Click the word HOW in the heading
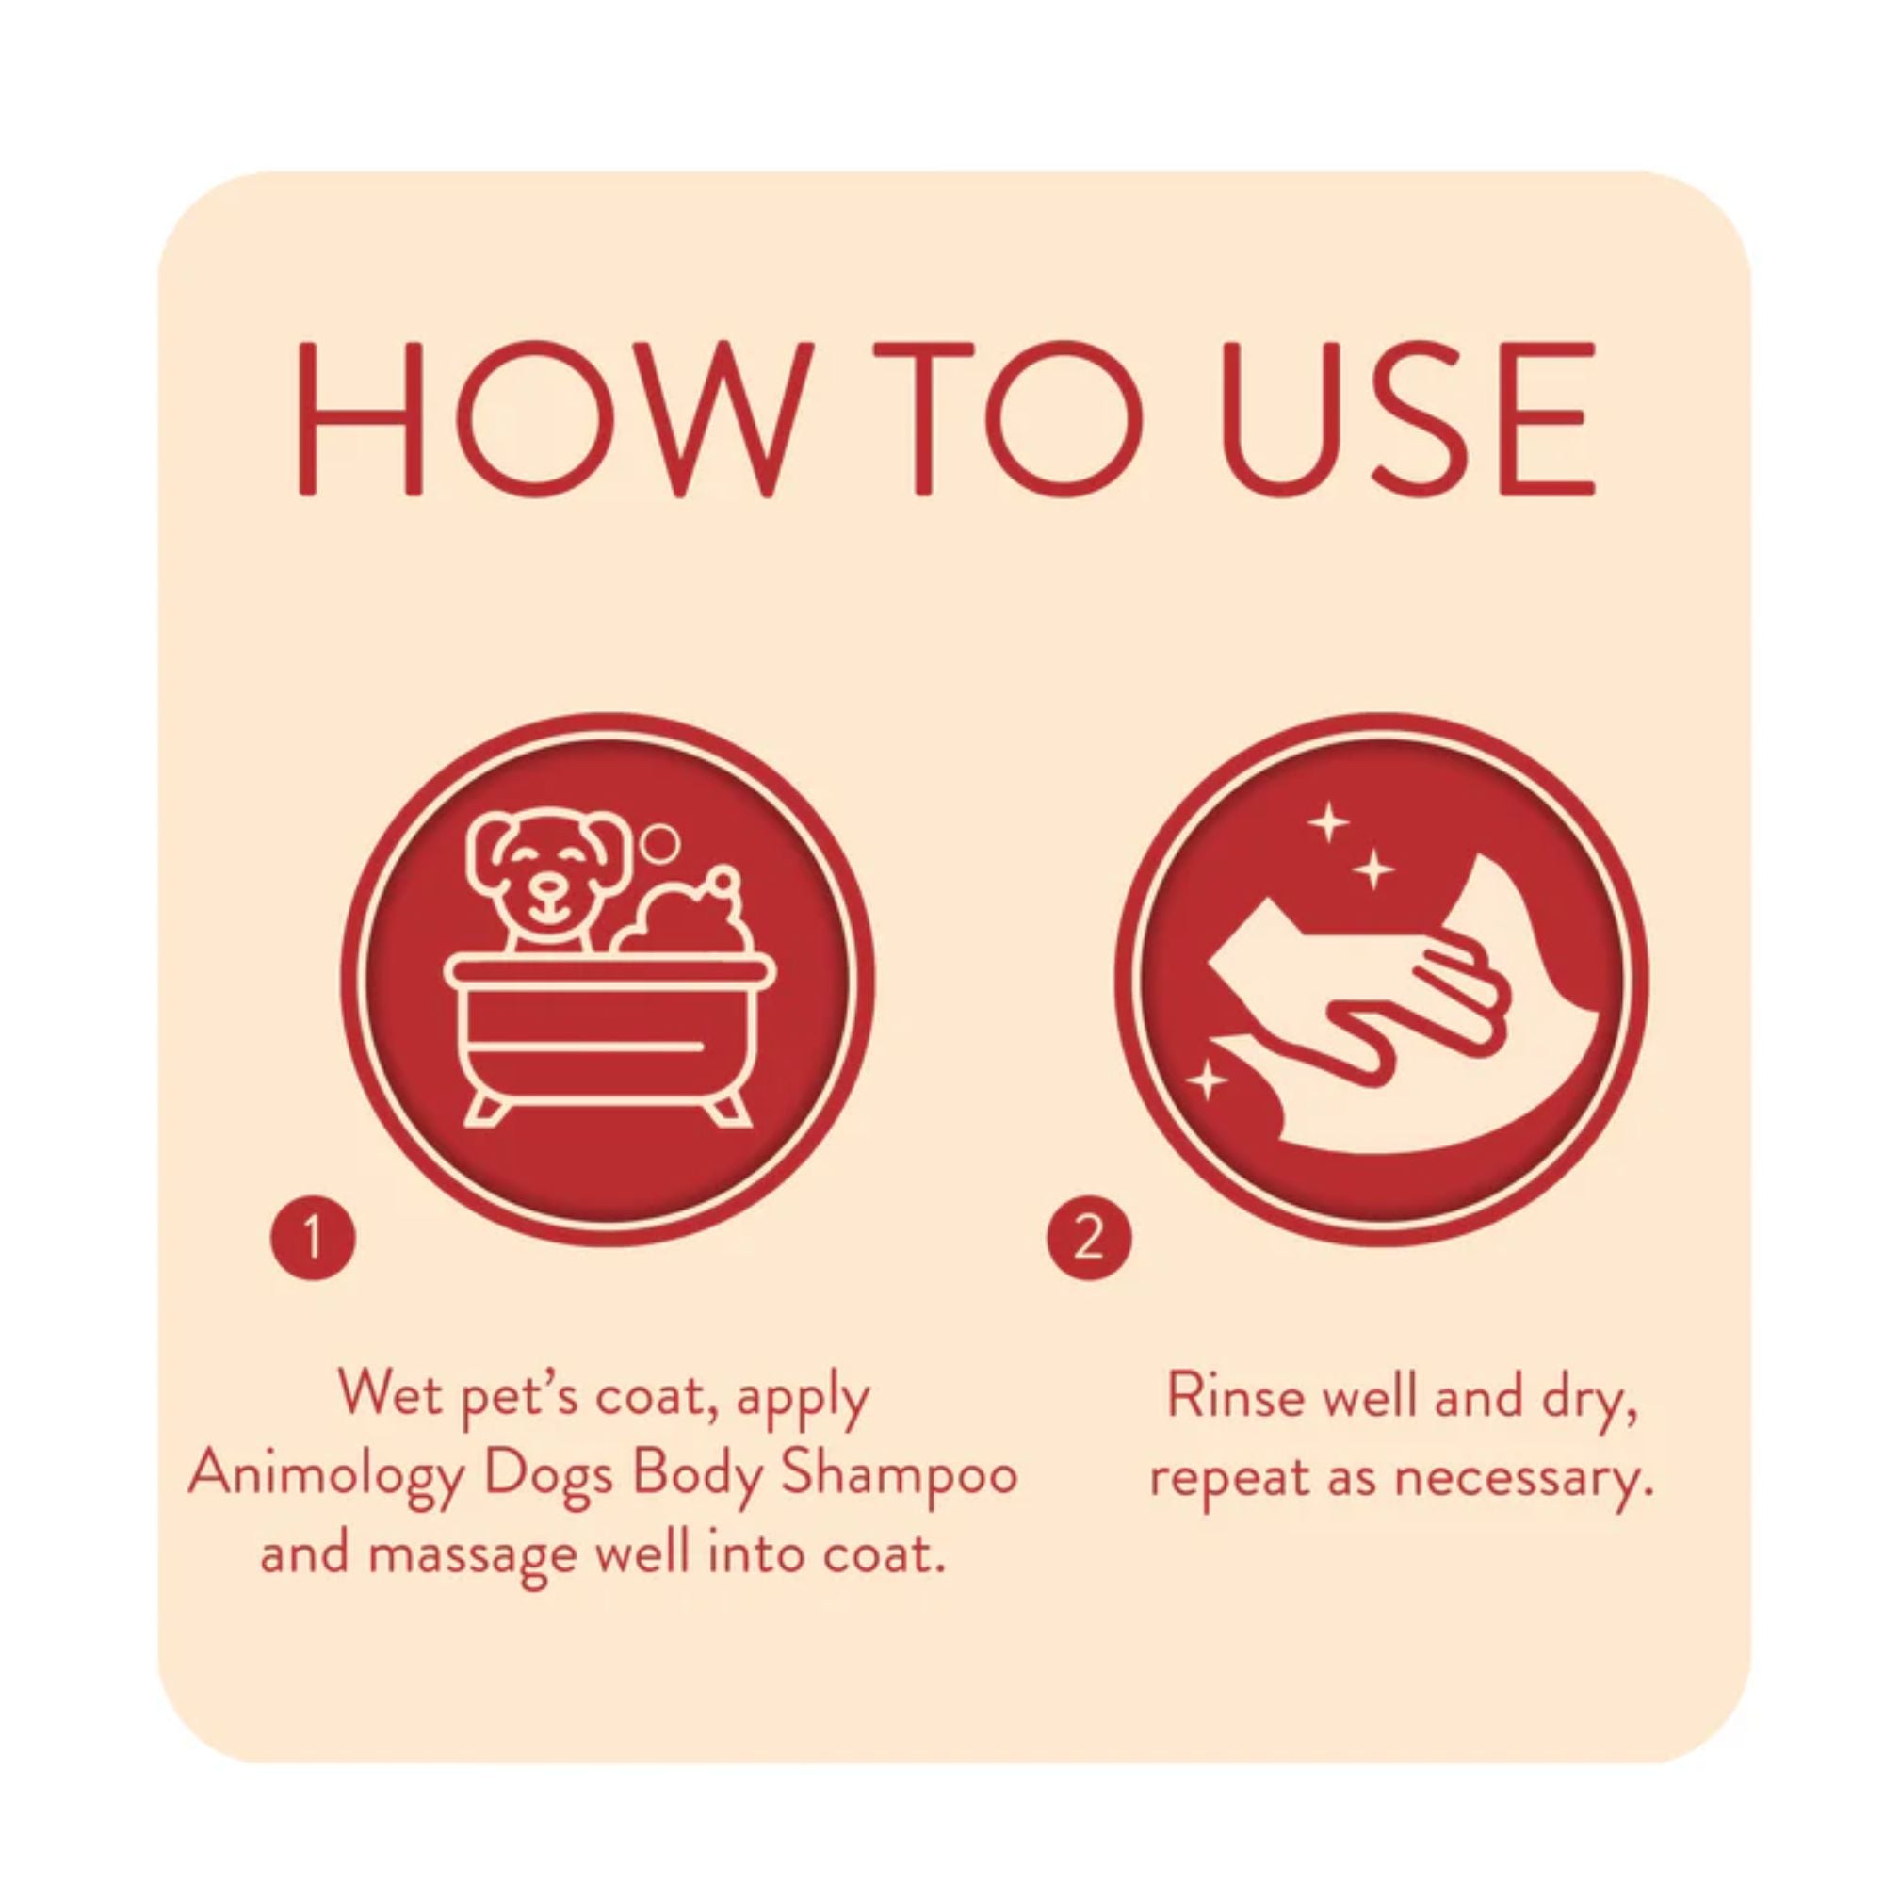tap(553, 418)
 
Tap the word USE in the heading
tap(1408, 418)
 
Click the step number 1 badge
tap(313, 1239)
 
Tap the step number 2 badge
tap(1089, 1239)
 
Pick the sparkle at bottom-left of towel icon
tap(1207, 1080)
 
